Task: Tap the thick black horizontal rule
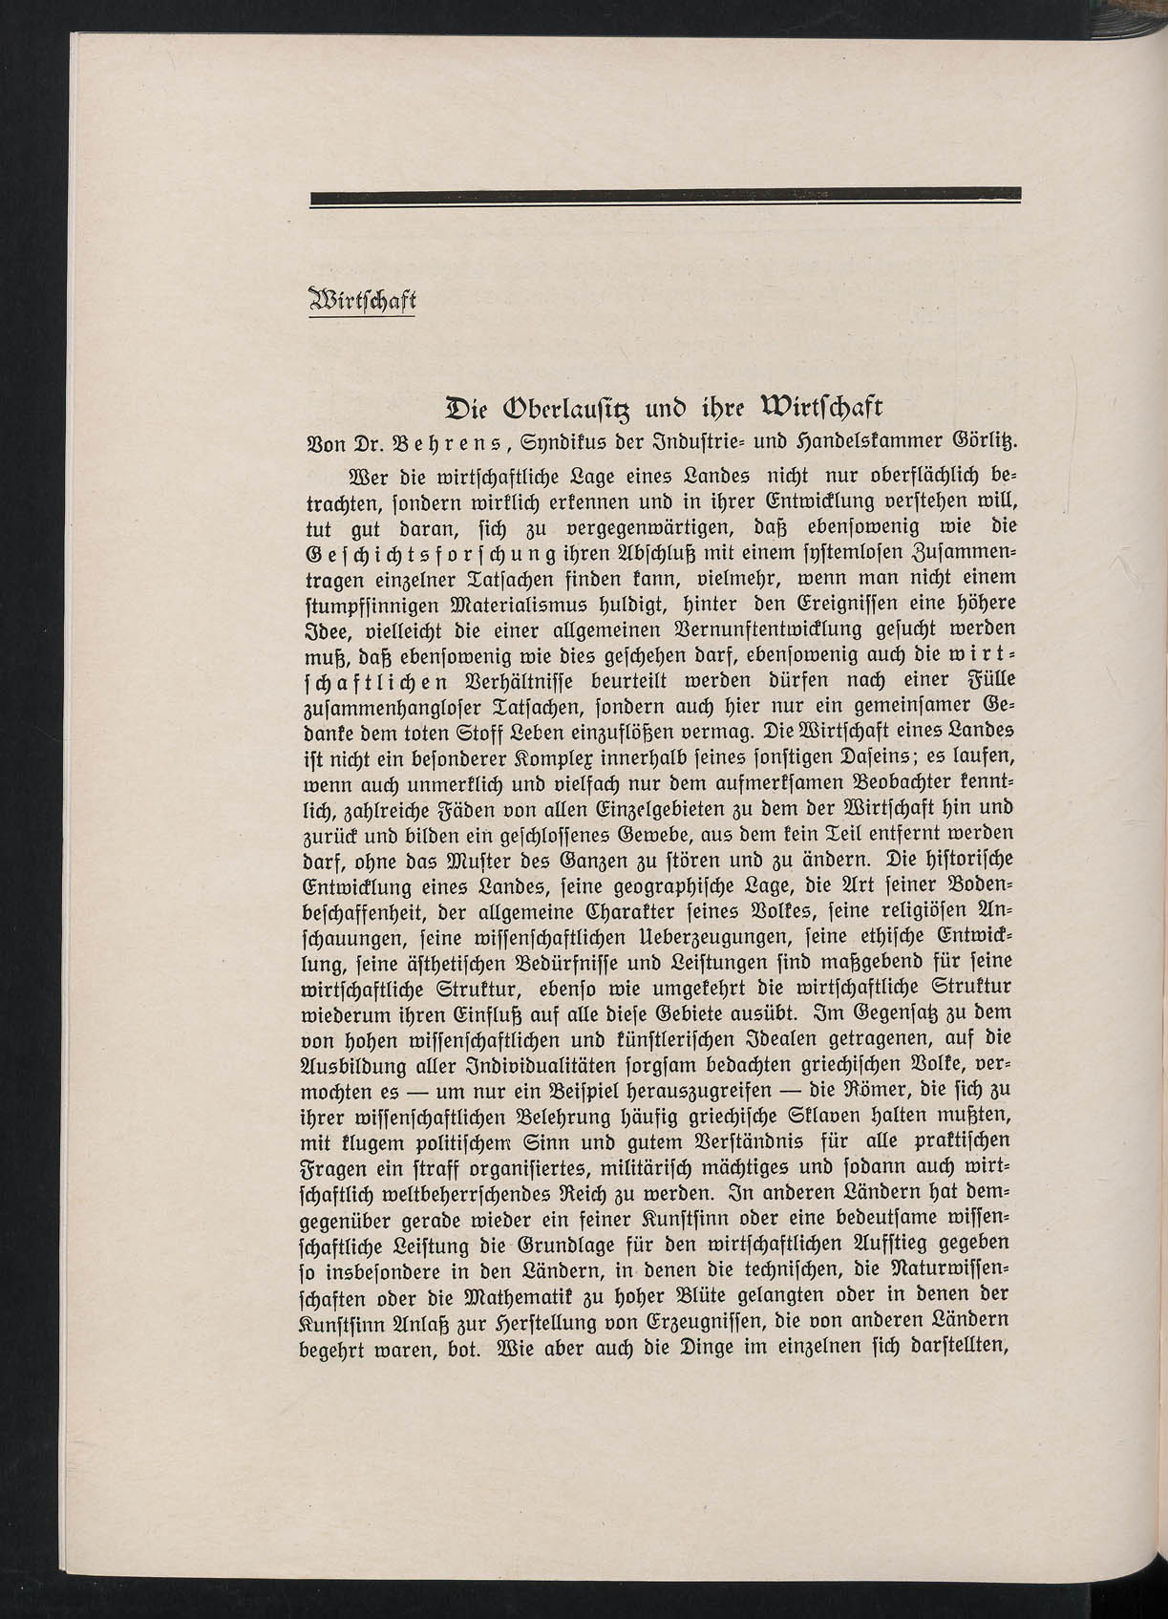pos(665,196)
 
